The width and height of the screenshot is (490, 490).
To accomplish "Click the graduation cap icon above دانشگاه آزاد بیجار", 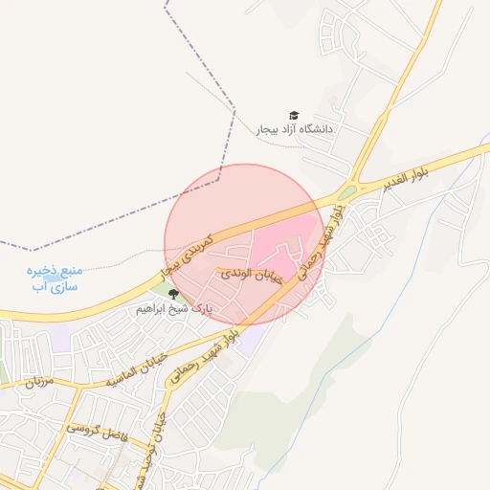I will [293, 115].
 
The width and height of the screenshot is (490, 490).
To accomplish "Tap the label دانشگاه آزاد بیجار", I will [293, 128].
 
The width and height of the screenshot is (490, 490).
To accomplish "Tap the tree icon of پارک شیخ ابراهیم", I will [172, 295].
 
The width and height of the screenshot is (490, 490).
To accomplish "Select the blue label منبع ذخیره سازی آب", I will [54, 278].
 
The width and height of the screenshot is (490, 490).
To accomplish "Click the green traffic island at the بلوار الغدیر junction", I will [346, 192].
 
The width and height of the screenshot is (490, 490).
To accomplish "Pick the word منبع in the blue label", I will [69, 270].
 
